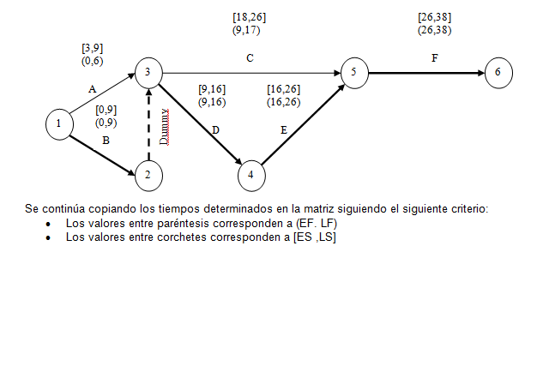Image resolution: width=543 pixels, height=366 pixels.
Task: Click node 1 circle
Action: (x=58, y=123)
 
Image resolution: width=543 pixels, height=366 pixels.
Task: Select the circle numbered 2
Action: (x=148, y=175)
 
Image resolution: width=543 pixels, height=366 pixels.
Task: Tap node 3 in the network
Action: (x=148, y=72)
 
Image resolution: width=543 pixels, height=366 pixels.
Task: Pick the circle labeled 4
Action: (x=250, y=175)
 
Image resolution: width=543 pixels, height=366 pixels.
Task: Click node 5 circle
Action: (x=353, y=72)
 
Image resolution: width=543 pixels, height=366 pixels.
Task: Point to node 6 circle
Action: (x=498, y=72)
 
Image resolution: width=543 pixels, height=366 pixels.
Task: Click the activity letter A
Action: (x=92, y=88)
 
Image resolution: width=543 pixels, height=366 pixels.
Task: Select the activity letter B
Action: (x=106, y=139)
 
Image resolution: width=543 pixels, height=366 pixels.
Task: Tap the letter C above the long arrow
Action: (x=250, y=59)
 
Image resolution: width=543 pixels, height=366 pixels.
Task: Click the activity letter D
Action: (x=215, y=129)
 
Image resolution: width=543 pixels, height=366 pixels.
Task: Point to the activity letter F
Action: (x=434, y=59)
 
